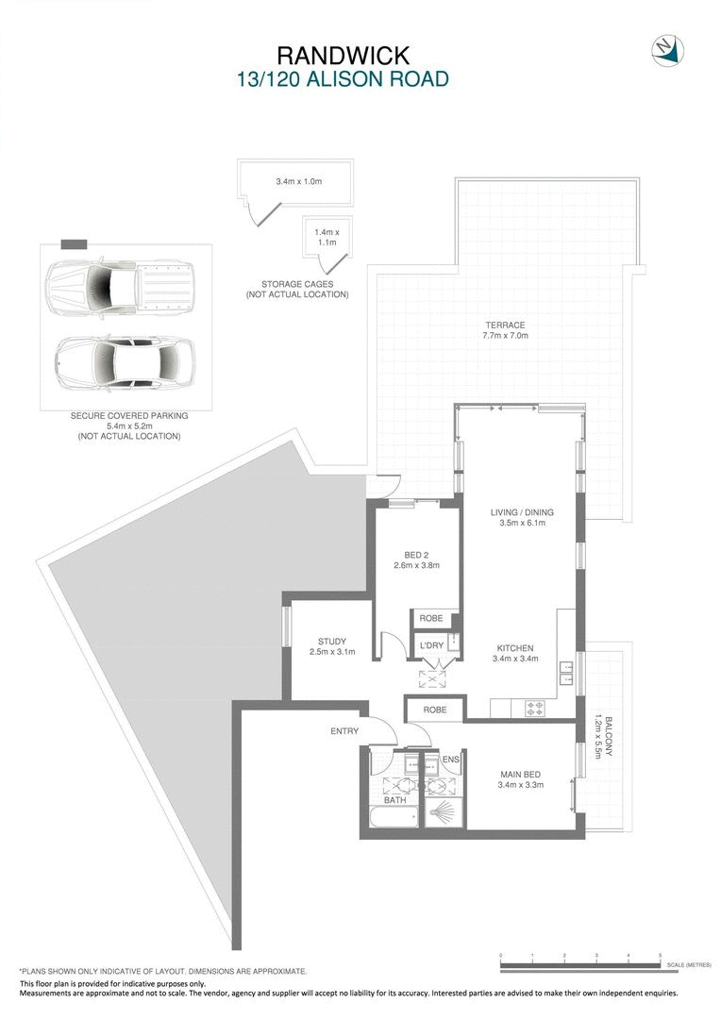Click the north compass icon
tap(667, 50)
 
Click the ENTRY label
tap(344, 731)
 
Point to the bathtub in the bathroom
tap(390, 817)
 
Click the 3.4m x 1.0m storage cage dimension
tap(298, 181)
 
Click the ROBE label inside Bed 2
tap(431, 619)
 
